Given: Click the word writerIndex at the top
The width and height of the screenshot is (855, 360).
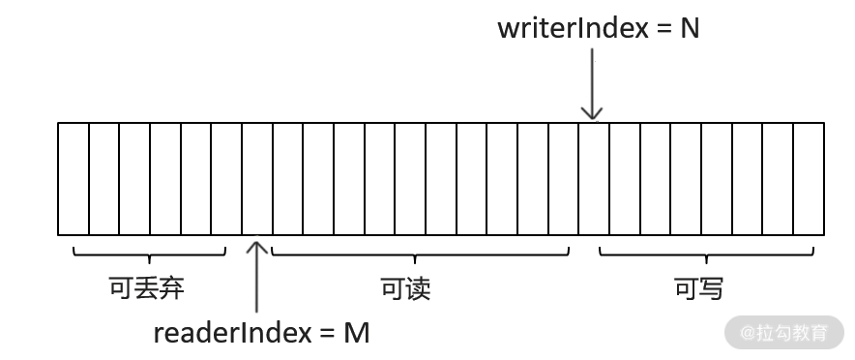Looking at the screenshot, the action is tap(573, 28).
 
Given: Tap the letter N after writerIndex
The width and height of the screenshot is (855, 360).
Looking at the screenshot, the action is tap(690, 28).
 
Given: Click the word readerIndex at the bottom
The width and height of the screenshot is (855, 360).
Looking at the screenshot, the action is tap(232, 333).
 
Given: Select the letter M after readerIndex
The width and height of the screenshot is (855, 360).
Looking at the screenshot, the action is tap(357, 333).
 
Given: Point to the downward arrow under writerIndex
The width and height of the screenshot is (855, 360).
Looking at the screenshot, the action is tap(592, 84).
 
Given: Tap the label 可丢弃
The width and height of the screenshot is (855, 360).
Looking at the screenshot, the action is tap(147, 287).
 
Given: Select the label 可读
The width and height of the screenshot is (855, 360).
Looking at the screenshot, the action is tap(405, 288).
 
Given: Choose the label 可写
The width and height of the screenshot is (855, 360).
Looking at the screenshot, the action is tap(698, 288).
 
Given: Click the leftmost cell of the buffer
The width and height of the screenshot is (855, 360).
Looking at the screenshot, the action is tap(74, 179).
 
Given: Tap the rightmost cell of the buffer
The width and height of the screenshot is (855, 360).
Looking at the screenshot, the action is tap(809, 179).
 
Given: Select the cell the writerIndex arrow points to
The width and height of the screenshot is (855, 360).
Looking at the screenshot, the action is tap(594, 179).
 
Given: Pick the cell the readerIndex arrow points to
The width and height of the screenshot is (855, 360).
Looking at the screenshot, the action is tap(257, 179).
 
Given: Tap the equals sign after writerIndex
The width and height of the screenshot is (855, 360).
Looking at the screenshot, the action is tap(663, 29).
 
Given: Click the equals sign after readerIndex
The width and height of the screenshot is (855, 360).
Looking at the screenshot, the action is tap(328, 334).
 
